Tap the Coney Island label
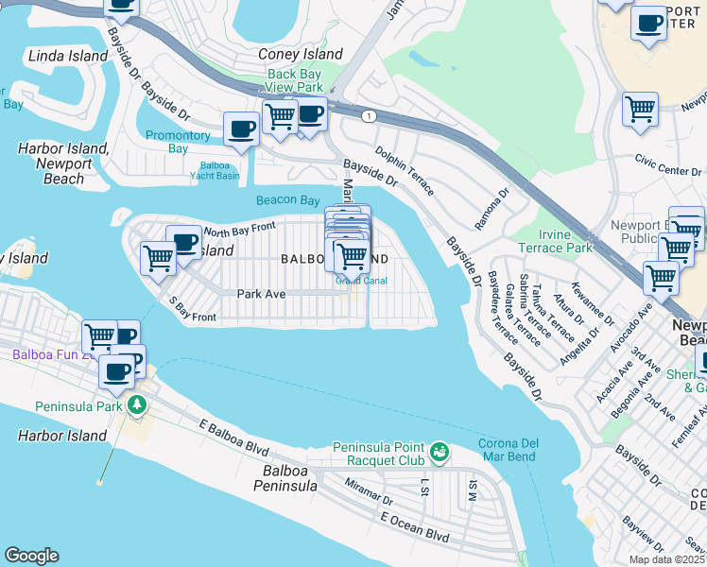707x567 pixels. coord(301,55)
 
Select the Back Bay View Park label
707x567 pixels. coord(295,80)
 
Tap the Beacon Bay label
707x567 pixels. coord(287,200)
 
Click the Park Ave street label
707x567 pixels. coord(261,294)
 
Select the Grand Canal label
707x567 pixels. coord(360,281)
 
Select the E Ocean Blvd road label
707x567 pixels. coord(414,526)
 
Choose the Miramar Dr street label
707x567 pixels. coord(369,491)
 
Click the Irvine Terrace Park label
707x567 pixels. coord(555,240)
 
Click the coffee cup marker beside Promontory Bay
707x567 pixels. coord(241,129)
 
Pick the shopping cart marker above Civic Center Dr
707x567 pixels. coord(640,110)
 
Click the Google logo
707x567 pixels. coord(31,556)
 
